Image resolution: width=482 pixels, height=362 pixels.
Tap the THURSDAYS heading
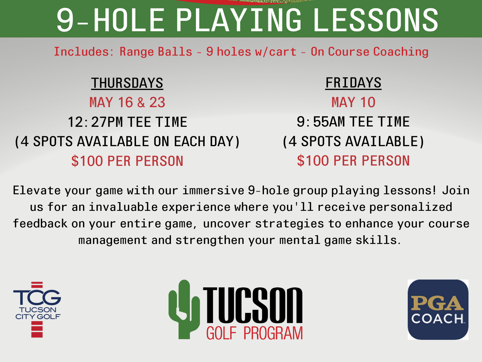[x=127, y=83]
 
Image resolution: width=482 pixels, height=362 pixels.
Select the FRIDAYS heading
[x=353, y=83]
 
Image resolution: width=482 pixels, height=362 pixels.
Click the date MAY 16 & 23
[x=127, y=102]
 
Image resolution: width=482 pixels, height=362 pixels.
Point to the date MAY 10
[x=353, y=102]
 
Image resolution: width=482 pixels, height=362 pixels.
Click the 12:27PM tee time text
[x=127, y=122]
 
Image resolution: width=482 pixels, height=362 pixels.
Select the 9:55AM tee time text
[x=353, y=122]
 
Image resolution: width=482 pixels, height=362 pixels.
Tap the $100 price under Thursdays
[x=127, y=161]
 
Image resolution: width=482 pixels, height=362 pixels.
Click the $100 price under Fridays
[x=353, y=161]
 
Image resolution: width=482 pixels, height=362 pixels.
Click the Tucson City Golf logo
[x=37, y=309]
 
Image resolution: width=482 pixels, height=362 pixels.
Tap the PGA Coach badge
[x=438, y=310]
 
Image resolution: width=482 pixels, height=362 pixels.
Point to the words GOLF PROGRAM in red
[x=254, y=333]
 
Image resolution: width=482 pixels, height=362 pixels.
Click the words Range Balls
[x=156, y=52]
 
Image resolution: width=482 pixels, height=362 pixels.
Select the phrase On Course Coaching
[x=369, y=52]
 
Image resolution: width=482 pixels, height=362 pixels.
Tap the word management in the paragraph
[x=113, y=240]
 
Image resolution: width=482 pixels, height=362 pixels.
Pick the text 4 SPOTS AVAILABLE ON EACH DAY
[x=127, y=141]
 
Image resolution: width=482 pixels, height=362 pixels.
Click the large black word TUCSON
[x=252, y=305]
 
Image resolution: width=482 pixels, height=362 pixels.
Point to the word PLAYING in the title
[x=239, y=20]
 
